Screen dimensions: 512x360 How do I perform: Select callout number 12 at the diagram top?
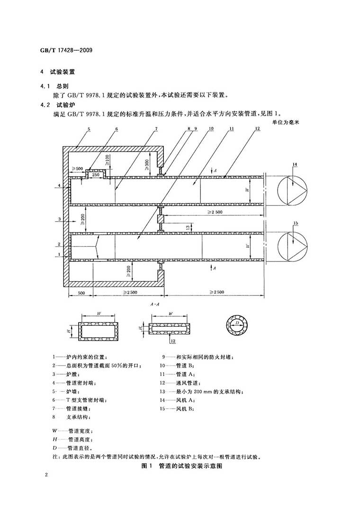click(x=256, y=129)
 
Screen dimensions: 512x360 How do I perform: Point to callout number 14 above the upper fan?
click(x=295, y=164)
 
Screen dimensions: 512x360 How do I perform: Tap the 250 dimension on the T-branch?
click(x=95, y=175)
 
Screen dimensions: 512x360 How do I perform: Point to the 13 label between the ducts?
click(x=188, y=227)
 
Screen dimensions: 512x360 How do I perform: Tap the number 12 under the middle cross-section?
click(x=172, y=341)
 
